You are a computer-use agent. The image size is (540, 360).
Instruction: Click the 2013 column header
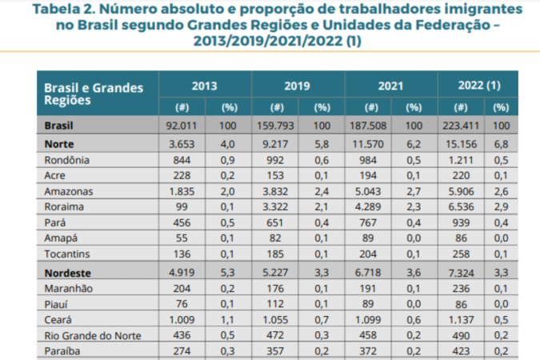click(x=205, y=85)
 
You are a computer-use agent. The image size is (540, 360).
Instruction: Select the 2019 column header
click(x=298, y=85)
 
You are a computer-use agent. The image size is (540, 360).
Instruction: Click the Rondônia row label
click(x=66, y=160)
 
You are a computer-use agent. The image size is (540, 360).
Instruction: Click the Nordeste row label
click(x=69, y=274)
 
